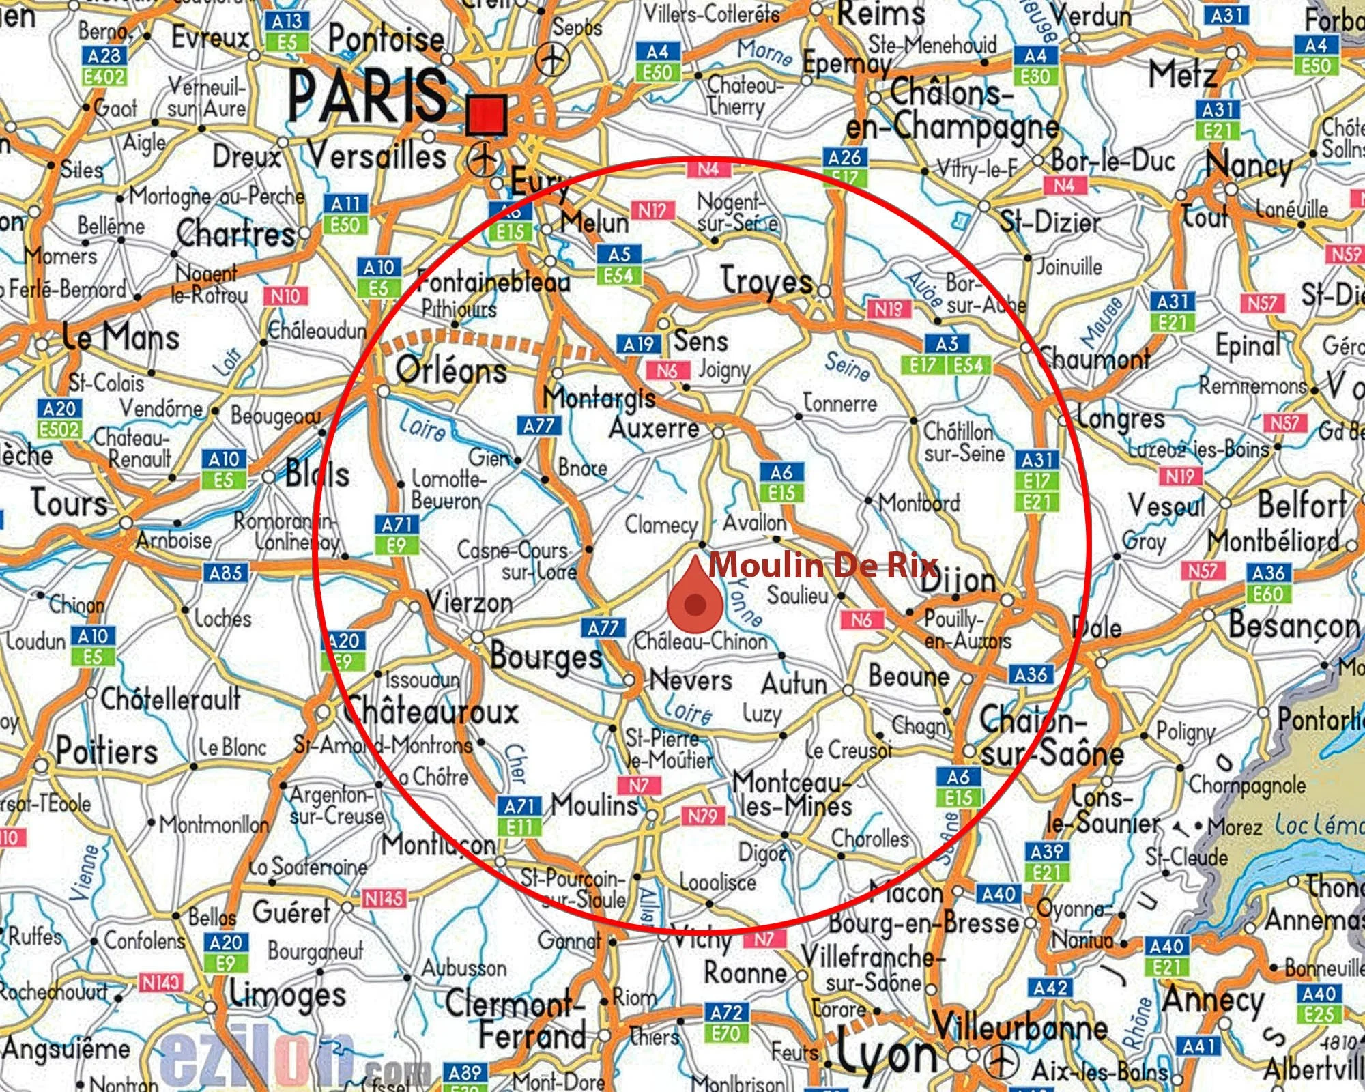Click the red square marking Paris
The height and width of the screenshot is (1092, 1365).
pos(487,115)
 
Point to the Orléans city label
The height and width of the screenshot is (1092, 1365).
pos(452,370)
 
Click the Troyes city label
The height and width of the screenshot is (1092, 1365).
pos(767,281)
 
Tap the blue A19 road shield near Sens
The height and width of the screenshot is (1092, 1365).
pos(638,345)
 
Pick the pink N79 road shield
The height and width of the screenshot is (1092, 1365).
pos(702,816)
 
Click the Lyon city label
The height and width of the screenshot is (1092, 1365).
pos(887,1054)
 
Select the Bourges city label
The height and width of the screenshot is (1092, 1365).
pos(546,657)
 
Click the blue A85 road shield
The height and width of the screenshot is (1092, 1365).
pos(225,573)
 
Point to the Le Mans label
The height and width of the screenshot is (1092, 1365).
pos(121,337)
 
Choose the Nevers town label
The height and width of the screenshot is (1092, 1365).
pos(691,680)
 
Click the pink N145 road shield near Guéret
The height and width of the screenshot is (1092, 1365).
pos(384,899)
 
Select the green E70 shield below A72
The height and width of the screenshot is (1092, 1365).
pos(725,1033)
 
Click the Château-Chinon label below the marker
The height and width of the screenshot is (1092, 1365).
pos(701,642)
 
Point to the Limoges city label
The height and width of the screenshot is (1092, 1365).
pos(287,995)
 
